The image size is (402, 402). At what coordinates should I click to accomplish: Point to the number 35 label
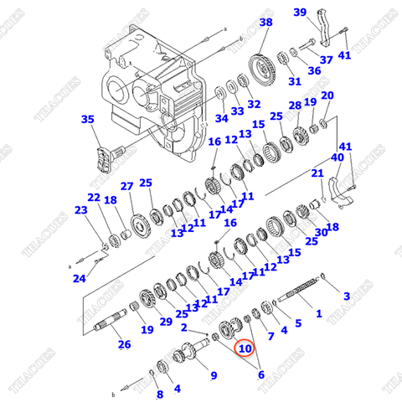(x=87, y=120)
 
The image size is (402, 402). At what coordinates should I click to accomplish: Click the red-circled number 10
(x=245, y=348)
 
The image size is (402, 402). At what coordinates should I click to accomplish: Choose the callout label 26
(x=124, y=343)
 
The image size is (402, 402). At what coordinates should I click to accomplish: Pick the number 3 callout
(x=347, y=296)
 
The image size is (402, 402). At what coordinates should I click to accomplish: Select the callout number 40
(x=338, y=157)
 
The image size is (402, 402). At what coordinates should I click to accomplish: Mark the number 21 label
(x=317, y=173)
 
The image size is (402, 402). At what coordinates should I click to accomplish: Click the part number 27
(x=126, y=186)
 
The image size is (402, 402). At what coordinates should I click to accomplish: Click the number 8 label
(x=159, y=394)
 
